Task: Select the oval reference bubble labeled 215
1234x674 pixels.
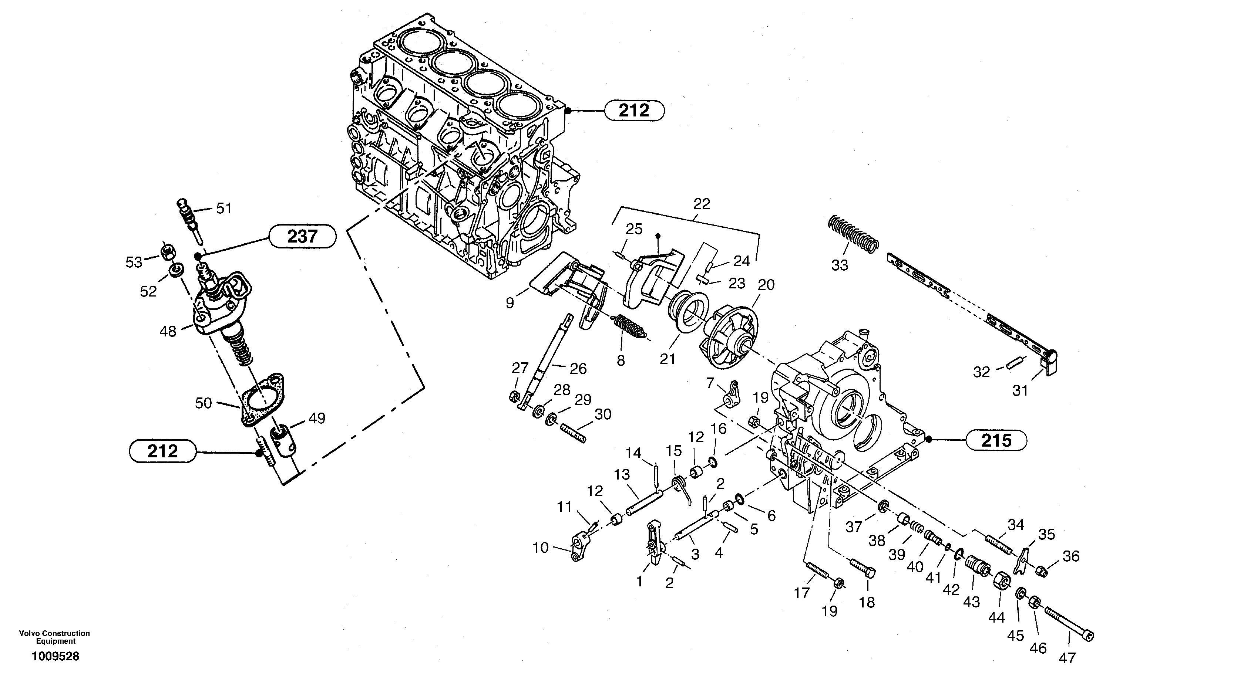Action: click(x=996, y=440)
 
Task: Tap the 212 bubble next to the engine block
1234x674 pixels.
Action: click(x=634, y=111)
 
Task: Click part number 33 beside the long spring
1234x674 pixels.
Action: click(x=839, y=265)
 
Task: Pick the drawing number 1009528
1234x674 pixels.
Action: click(x=56, y=656)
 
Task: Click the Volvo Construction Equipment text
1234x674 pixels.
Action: click(x=54, y=637)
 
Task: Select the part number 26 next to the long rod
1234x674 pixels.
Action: click(x=578, y=368)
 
